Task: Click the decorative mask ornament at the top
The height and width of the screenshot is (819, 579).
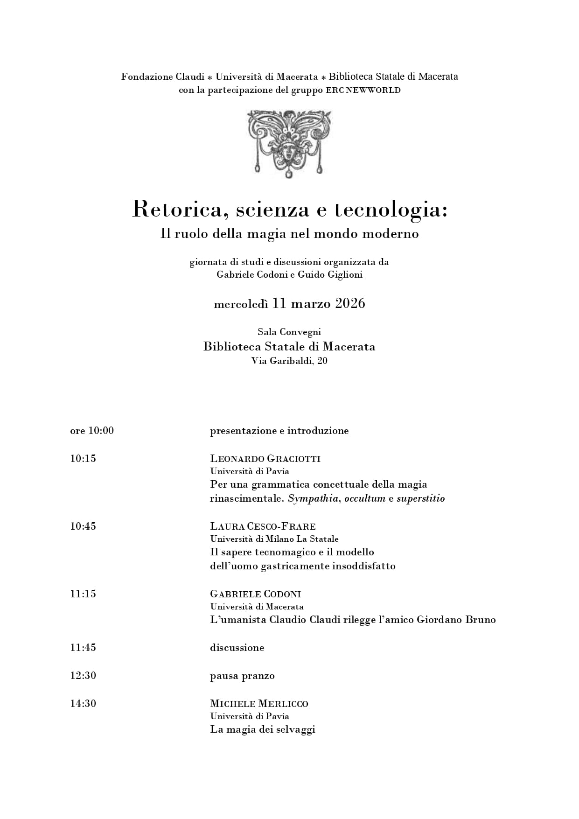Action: coord(289,143)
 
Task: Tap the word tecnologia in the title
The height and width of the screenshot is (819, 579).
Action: coord(390,210)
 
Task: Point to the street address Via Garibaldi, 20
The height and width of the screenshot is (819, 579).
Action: coord(289,361)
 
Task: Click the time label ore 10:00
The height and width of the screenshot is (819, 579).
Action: coord(92,431)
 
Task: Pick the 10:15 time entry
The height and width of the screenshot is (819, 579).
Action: coord(83,459)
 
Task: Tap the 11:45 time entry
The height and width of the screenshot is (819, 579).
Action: coord(83,648)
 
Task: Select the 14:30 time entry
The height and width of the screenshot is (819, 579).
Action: coord(83,704)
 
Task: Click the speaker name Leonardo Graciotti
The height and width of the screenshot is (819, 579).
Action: coord(265,459)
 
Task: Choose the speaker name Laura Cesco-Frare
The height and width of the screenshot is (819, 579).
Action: coord(263,526)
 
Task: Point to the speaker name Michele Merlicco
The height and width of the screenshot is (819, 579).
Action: coord(259,704)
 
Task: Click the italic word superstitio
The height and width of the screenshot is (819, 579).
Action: coord(420,498)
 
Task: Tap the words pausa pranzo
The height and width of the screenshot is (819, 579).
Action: coord(242,676)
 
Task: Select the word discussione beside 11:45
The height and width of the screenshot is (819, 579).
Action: coord(237,648)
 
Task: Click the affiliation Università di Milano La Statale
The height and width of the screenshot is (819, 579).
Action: coord(274,539)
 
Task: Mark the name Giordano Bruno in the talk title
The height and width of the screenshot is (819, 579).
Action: coord(456,620)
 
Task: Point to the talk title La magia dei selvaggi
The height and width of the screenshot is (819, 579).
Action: coord(263,729)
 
